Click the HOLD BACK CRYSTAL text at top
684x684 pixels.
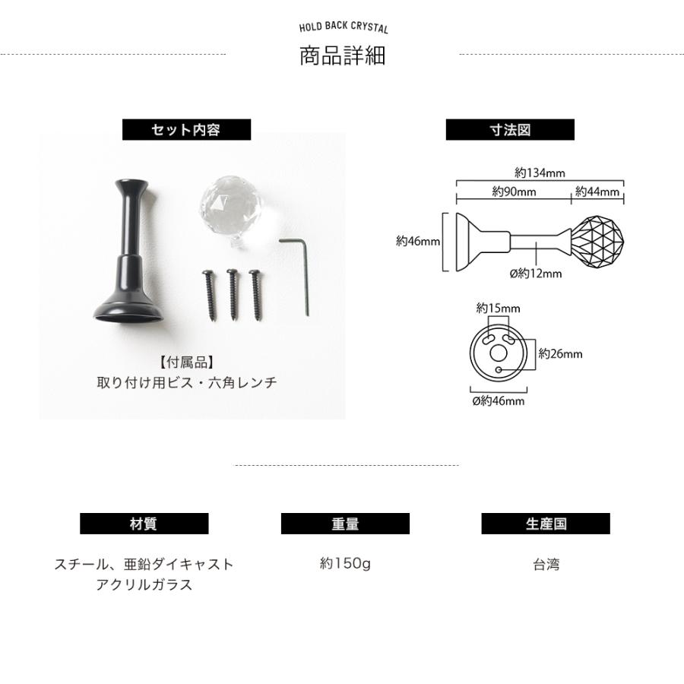click(x=344, y=27)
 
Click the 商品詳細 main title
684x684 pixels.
click(x=343, y=55)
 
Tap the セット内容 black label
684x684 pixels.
click(x=186, y=129)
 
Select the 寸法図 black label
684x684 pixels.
click(x=510, y=129)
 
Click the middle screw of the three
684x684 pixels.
click(x=233, y=295)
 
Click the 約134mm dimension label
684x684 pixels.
click(x=540, y=173)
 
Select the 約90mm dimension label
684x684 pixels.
click(x=514, y=192)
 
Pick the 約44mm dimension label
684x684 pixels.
click(x=597, y=192)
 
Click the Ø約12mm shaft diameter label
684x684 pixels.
click(x=536, y=274)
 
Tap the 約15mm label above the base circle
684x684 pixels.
click(x=498, y=309)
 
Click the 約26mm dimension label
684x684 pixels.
click(x=561, y=353)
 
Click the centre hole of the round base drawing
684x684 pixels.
click(x=499, y=353)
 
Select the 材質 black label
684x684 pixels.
click(x=144, y=524)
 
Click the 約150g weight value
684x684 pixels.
click(x=345, y=563)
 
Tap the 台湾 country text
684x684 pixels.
click(x=546, y=565)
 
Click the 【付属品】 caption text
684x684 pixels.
click(x=186, y=362)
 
